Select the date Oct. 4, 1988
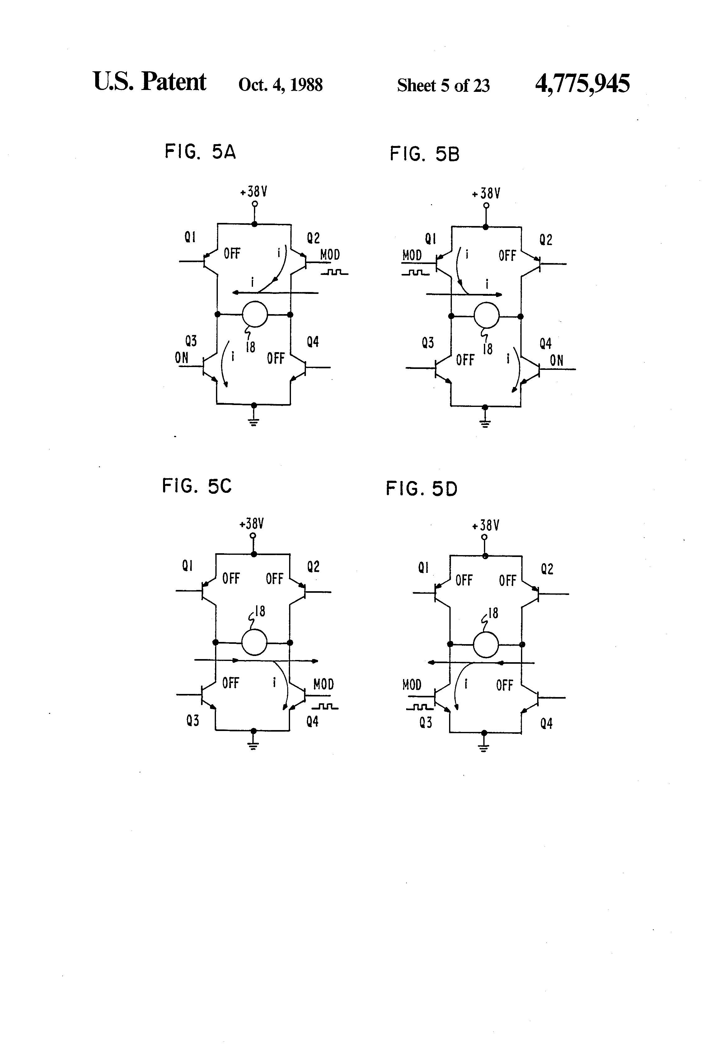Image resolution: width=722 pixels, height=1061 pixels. pyautogui.click(x=280, y=85)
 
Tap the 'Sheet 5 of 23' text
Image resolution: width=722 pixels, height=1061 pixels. pyautogui.click(x=443, y=85)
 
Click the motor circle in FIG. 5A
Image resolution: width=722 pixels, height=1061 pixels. pyautogui.click(x=254, y=314)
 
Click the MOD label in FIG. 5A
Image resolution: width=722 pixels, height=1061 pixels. pyautogui.click(x=330, y=255)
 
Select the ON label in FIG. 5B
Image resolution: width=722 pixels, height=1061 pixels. pyautogui.click(x=556, y=361)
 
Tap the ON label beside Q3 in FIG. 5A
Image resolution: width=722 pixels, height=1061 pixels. pyautogui.click(x=182, y=358)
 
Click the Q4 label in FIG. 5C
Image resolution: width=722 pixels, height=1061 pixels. pyautogui.click(x=312, y=721)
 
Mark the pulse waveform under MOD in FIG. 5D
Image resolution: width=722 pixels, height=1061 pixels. pyautogui.click(x=419, y=707)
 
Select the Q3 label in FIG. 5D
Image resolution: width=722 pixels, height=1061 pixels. pyautogui.click(x=425, y=723)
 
